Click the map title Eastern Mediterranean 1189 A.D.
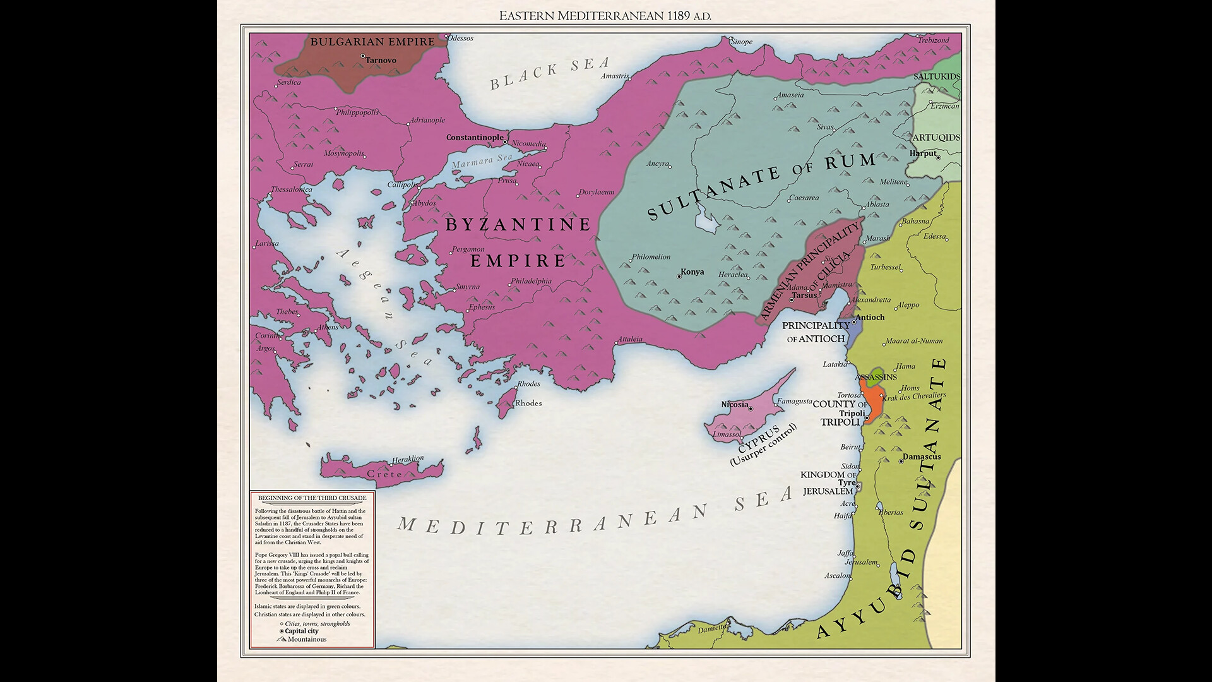[605, 16]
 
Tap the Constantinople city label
[475, 137]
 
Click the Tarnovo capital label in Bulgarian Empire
[381, 61]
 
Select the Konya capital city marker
[679, 277]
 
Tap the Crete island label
[384, 474]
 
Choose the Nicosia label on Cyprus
[734, 404]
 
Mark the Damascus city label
[922, 457]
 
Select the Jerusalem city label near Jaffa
[861, 562]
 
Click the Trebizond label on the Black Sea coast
[933, 40]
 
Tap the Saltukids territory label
[937, 76]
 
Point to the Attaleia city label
[630, 339]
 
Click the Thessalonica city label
[292, 189]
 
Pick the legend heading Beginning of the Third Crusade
[312, 498]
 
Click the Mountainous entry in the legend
[307, 639]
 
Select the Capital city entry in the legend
[301, 631]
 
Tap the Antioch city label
[869, 317]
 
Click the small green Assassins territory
[874, 377]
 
